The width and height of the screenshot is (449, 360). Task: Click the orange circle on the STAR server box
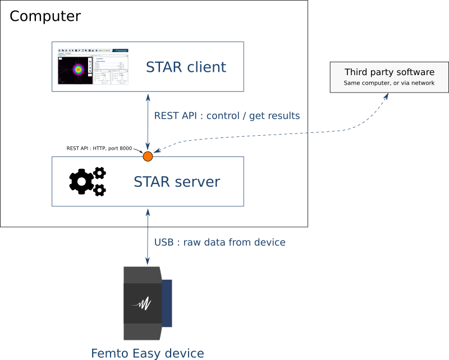[x=148, y=156]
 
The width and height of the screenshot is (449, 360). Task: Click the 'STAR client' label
[x=186, y=67]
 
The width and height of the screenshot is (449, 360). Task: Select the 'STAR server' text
[x=177, y=182]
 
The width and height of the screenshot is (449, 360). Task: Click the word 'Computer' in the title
[x=45, y=16]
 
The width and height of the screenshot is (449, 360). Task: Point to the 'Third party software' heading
[x=390, y=72]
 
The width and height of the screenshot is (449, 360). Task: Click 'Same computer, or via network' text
[x=390, y=83]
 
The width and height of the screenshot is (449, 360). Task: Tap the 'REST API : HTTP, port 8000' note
[x=99, y=149]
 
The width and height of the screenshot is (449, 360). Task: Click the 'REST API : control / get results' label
[x=227, y=116]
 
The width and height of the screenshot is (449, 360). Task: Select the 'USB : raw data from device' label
[x=219, y=242]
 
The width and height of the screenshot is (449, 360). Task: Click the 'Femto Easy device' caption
[x=147, y=353]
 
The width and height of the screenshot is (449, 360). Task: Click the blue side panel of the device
[x=167, y=303]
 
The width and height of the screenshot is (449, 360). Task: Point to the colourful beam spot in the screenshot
[x=77, y=70]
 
